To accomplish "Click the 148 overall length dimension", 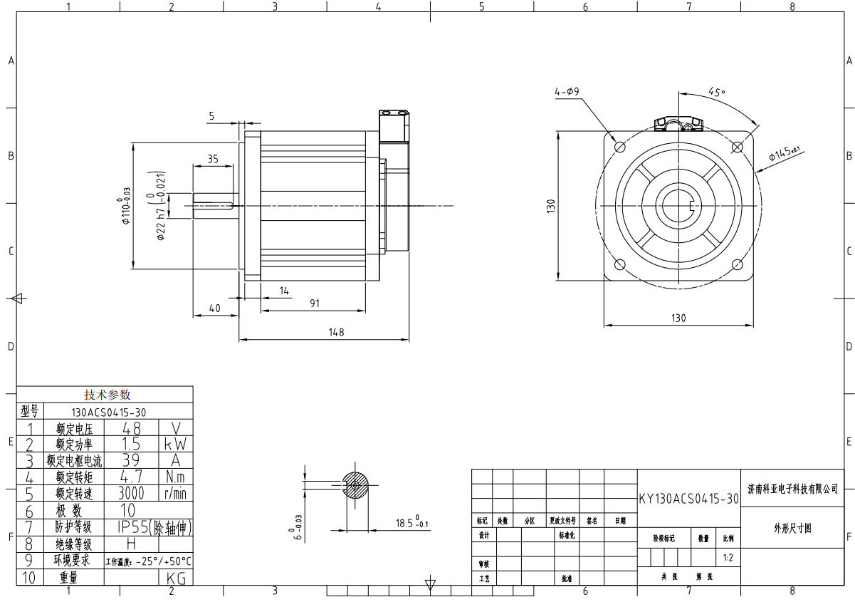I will pyautogui.click(x=336, y=332).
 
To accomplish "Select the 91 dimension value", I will pyautogui.click(x=315, y=303).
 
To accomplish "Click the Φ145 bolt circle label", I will pyautogui.click(x=784, y=154).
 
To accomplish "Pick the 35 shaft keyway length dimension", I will pyautogui.click(x=213, y=159).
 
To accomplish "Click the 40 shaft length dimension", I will pyautogui.click(x=214, y=308).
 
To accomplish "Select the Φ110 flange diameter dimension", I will pyautogui.click(x=126, y=206).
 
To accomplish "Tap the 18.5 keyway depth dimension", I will pyautogui.click(x=411, y=524).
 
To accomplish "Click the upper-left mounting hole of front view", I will pyautogui.click(x=619, y=146).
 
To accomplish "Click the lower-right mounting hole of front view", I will pyautogui.click(x=738, y=265).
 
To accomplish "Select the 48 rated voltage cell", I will pyautogui.click(x=131, y=428).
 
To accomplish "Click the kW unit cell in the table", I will pyautogui.click(x=175, y=444).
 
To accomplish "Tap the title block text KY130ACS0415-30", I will pyautogui.click(x=688, y=499).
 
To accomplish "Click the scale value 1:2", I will pyautogui.click(x=728, y=558).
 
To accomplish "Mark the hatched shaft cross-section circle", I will pyautogui.click(x=355, y=485).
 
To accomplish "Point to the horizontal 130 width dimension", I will pyautogui.click(x=678, y=318).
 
